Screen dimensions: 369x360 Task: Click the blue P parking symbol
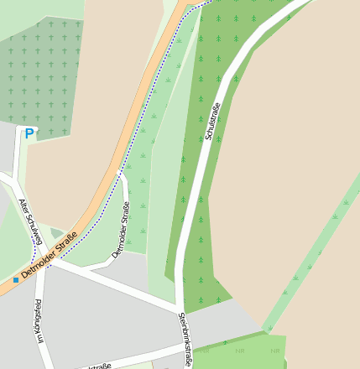click(x=29, y=133)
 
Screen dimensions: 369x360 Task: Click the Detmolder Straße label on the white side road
click(x=121, y=234)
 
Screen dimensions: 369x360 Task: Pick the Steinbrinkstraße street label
click(x=186, y=338)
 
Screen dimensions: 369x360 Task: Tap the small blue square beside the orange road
click(x=15, y=279)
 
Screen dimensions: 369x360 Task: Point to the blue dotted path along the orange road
click(x=151, y=101)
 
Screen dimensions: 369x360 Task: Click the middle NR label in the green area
click(x=240, y=350)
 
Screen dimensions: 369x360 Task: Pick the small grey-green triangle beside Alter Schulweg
click(x=56, y=233)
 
